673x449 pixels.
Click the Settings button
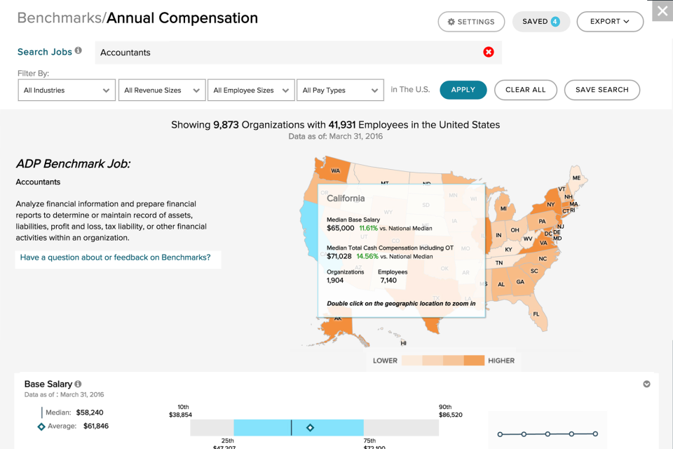(471, 22)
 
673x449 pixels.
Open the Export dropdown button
(610, 22)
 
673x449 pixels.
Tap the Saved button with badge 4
(541, 22)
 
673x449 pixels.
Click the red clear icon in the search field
(489, 52)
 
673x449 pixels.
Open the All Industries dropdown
(67, 90)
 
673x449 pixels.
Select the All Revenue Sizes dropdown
(162, 90)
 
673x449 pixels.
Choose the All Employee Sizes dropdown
(251, 90)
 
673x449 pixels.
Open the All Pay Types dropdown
(340, 90)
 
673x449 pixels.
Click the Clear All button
(526, 90)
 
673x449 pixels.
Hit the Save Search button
(601, 90)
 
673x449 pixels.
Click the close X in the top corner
(662, 11)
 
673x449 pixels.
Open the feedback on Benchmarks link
(116, 257)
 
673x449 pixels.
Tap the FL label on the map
(536, 314)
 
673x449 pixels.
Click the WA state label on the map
(335, 170)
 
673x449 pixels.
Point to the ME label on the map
(576, 178)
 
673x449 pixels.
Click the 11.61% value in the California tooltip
(368, 228)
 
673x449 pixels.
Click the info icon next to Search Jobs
(79, 51)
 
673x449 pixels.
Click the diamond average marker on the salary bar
(310, 427)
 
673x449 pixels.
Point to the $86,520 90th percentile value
(450, 415)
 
